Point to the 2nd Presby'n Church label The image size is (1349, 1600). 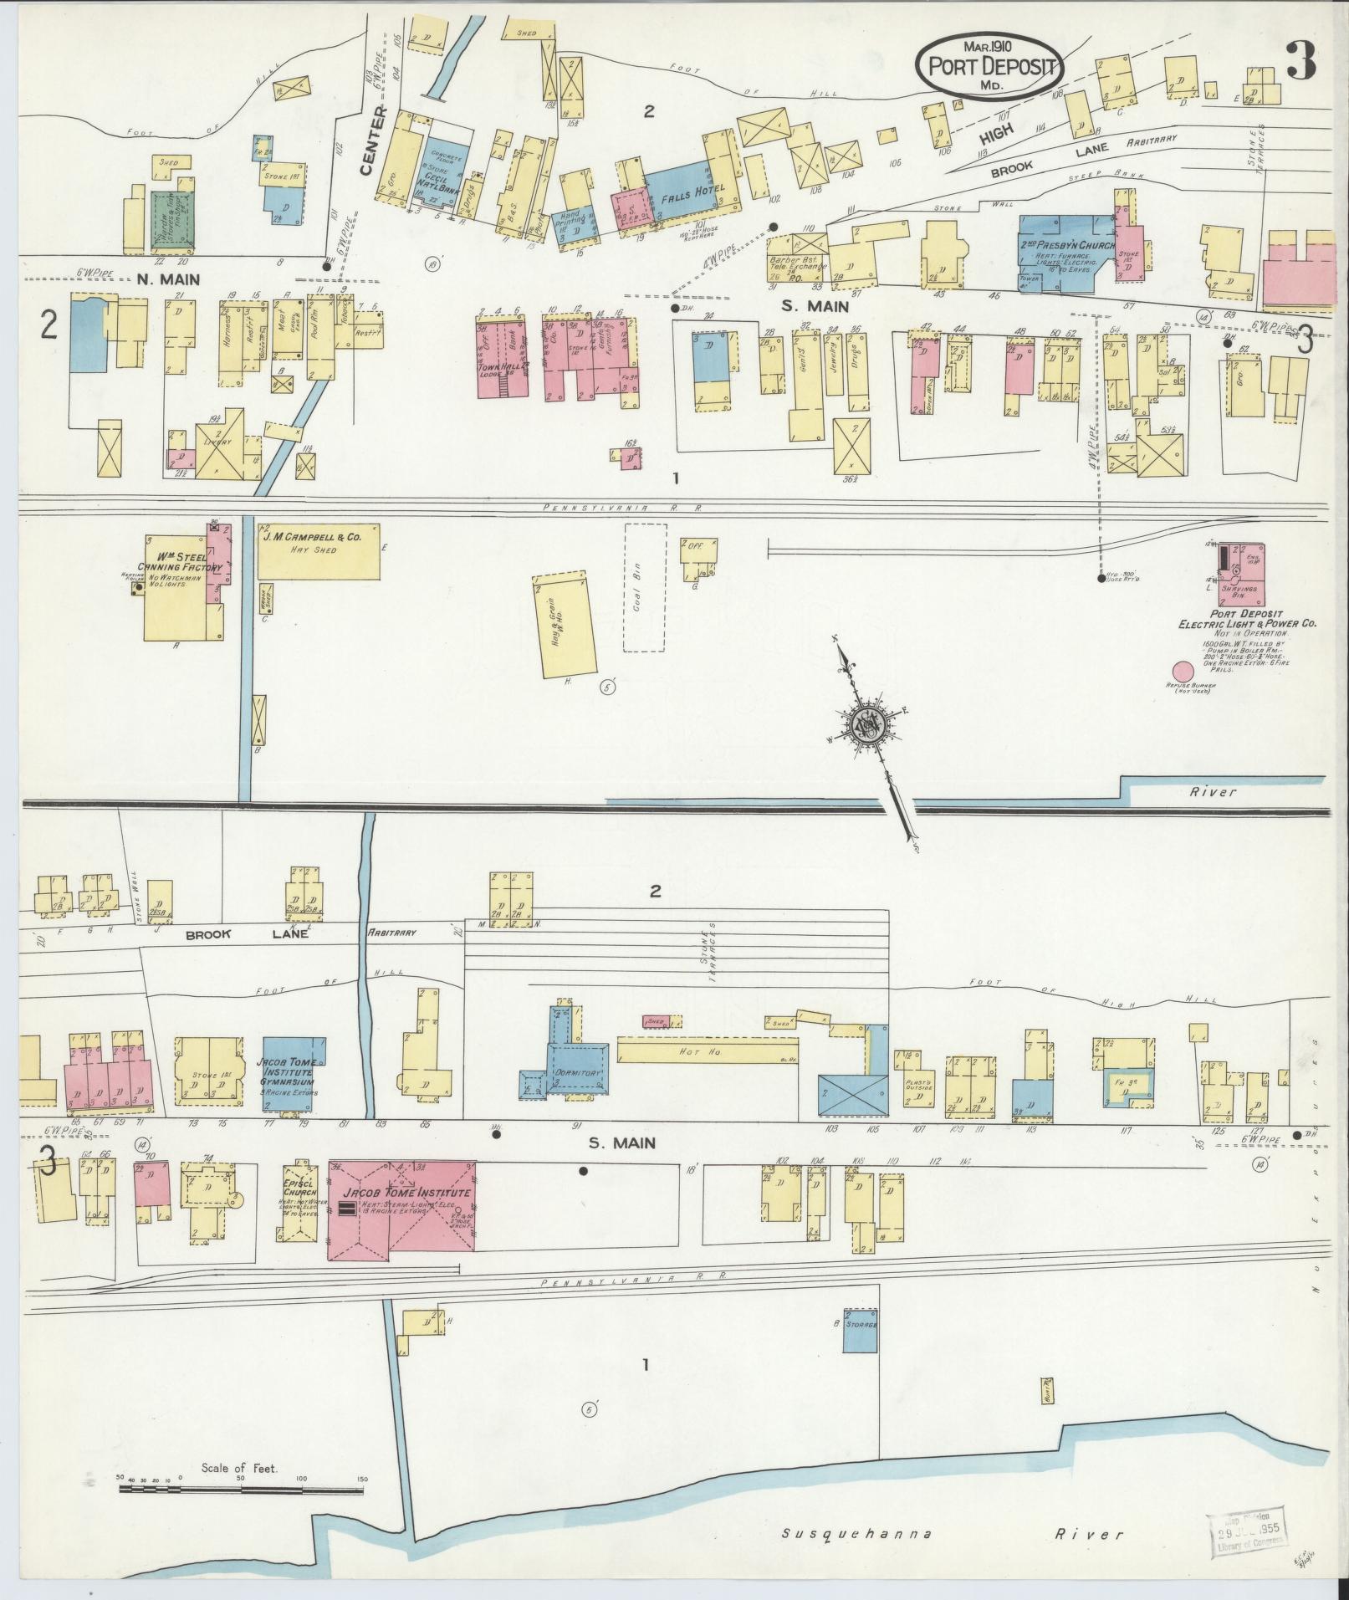click(1067, 244)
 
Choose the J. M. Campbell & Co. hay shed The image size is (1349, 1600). click(319, 551)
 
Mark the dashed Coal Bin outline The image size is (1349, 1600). click(645, 588)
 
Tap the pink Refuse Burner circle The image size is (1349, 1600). click(1182, 672)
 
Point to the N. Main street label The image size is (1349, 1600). click(168, 279)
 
